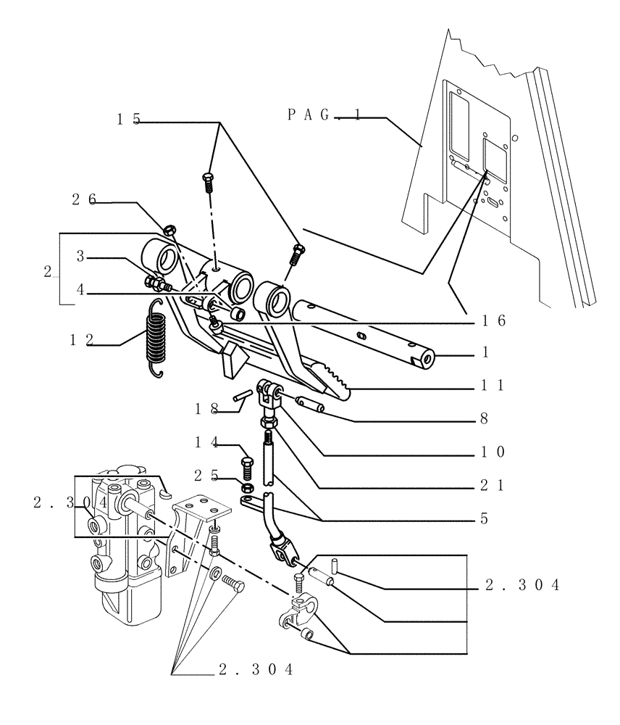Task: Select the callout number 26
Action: tap(84, 200)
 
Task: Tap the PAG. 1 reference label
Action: tap(324, 114)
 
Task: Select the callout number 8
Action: tap(484, 418)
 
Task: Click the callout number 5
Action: tap(484, 519)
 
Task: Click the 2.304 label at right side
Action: tap(522, 587)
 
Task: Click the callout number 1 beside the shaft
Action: tap(485, 353)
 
